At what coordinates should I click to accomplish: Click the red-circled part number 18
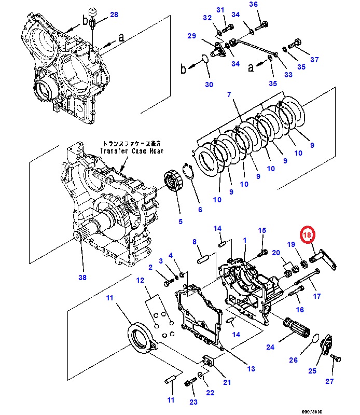point(308,235)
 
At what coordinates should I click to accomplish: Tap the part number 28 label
point(114,15)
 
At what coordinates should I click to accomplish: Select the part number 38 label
point(82,278)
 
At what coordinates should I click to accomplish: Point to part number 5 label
point(180,222)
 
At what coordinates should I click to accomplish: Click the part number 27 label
point(330,382)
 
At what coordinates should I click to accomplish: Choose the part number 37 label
point(314,60)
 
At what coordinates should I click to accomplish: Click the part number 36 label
point(268,5)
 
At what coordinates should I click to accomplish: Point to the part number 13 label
point(251,369)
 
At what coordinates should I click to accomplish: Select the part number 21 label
point(227,382)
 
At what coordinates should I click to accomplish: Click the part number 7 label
point(228,94)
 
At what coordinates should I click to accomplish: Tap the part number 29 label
point(191,36)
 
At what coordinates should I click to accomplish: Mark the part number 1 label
point(244,241)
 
